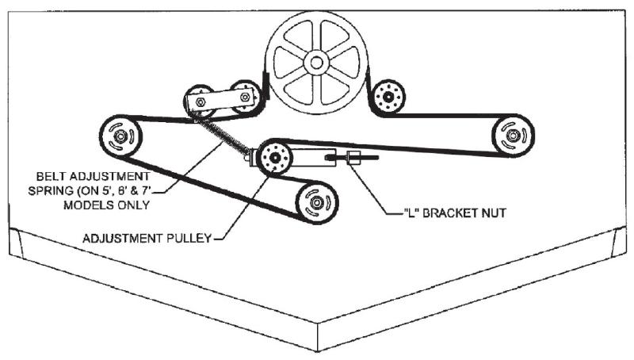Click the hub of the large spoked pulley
pos(316,63)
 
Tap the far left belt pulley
pos(120,136)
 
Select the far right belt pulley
pos(513,136)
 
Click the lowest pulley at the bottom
pos(316,202)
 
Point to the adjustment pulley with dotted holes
pos(274,157)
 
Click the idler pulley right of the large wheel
pos(388,97)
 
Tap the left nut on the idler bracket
pos(200,101)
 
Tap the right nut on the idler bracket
pos(245,97)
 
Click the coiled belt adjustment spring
pos(222,136)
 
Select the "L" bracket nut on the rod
pos(353,157)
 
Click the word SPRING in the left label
pos(44,190)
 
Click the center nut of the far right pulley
pos(513,136)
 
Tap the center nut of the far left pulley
pos(120,136)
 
